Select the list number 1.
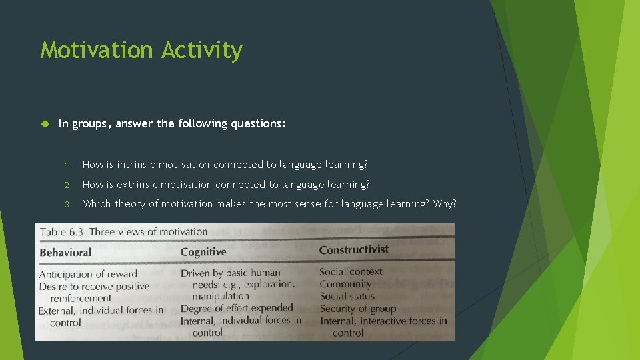(67, 165)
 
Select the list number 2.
(67, 185)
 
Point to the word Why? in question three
(445, 204)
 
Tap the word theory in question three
(130, 204)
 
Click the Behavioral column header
(65, 253)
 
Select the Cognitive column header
(203, 252)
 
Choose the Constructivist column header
(353, 250)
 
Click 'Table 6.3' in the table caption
(62, 233)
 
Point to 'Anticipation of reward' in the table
(88, 274)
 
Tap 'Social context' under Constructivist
(351, 271)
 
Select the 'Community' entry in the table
(345, 284)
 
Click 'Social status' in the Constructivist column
(347, 296)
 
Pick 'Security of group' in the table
(357, 309)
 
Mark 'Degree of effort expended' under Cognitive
(237, 308)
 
